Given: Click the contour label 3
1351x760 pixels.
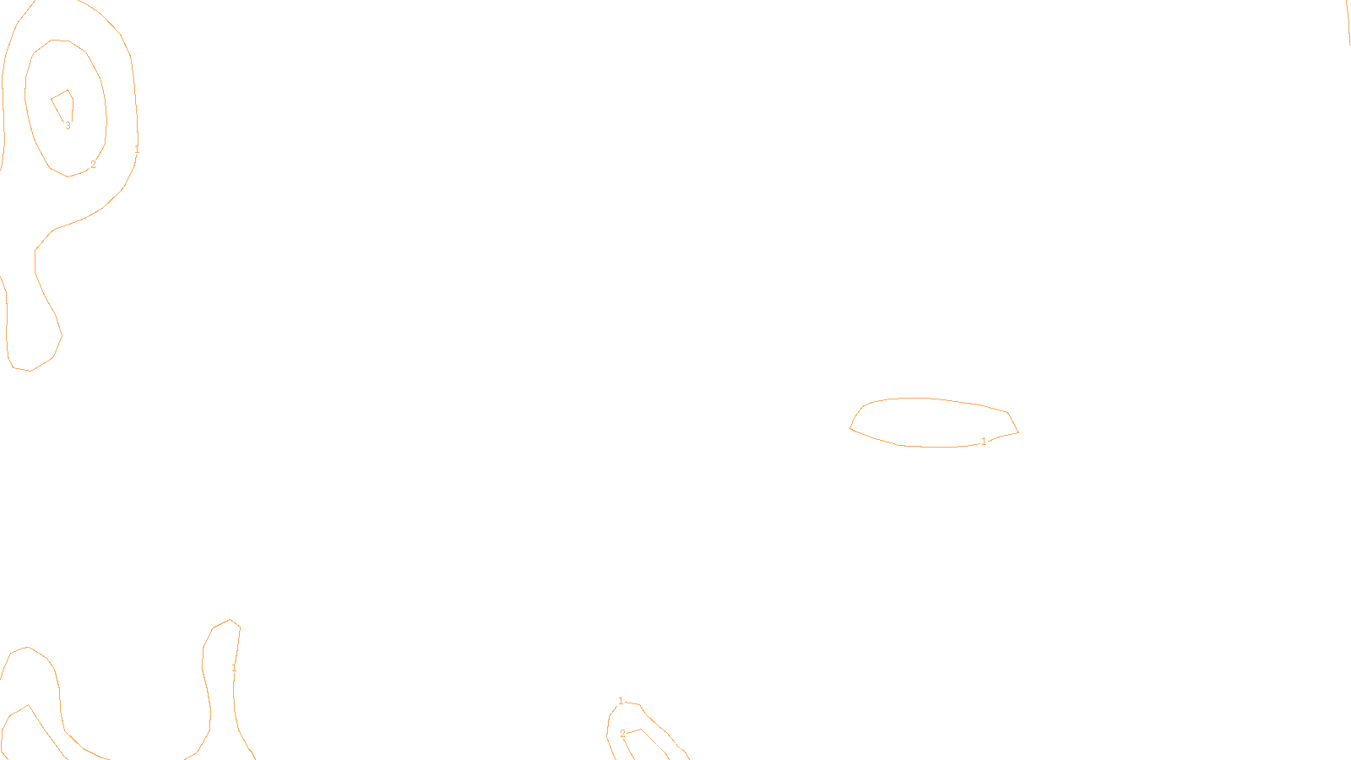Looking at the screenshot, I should (68, 126).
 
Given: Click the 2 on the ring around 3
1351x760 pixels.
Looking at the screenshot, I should (93, 164).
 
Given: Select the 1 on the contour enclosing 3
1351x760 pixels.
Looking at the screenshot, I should (137, 150).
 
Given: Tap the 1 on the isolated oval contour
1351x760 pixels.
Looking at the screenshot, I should (984, 442).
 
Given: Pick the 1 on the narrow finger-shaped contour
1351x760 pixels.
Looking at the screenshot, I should (234, 668).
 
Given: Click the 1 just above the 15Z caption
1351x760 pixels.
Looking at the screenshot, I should (621, 701).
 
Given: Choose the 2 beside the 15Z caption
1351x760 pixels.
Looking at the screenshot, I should (622, 734).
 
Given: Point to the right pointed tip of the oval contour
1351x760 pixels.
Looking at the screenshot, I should (1018, 432).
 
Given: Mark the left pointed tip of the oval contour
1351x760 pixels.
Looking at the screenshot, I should (850, 428).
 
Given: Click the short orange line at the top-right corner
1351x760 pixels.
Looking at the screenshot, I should (1348, 21).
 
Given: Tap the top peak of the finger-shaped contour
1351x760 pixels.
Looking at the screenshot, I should (231, 620).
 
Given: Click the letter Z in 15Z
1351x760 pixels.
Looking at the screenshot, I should (646, 746).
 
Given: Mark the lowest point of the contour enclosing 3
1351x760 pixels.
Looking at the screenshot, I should (30, 370).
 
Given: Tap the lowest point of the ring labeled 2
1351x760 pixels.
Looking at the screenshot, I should (69, 176).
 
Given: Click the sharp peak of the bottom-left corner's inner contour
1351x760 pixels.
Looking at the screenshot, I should (29, 706).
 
